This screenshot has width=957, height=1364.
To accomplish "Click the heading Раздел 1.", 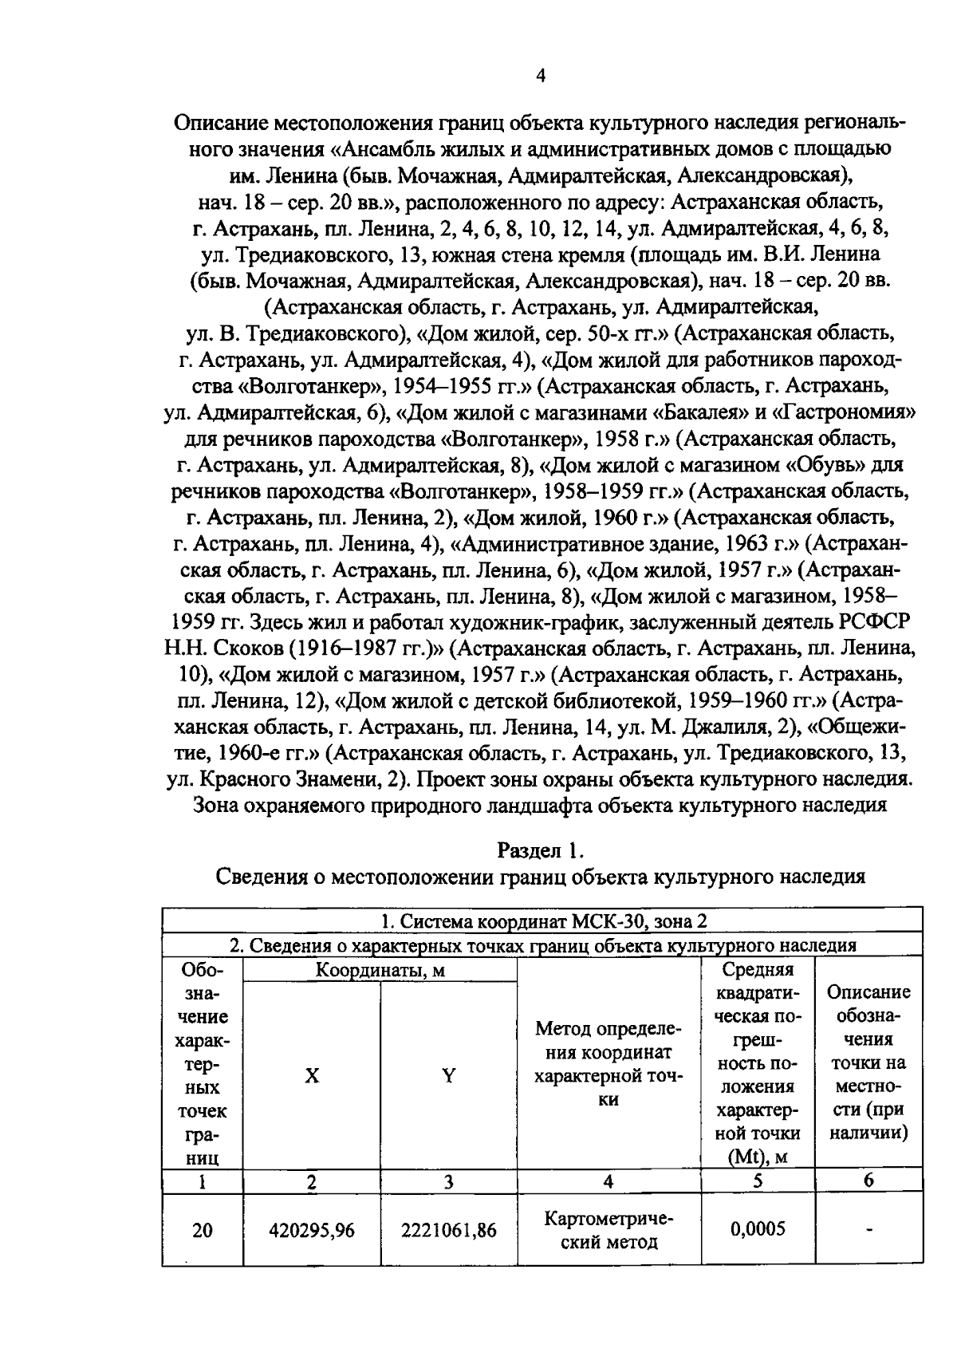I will [x=542, y=850].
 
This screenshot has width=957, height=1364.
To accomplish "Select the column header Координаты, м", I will [x=380, y=971].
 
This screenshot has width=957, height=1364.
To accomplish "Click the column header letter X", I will [x=312, y=1076].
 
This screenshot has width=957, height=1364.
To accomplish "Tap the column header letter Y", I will [x=449, y=1076].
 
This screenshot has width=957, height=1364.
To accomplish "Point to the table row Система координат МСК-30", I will [x=543, y=921].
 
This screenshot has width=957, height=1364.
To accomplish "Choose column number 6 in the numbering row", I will [x=868, y=1181].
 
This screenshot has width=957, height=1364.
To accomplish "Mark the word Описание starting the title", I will [x=221, y=123].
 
